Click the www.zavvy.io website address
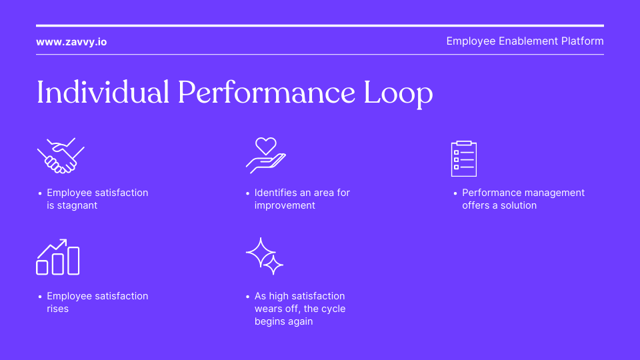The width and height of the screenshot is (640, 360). click(x=71, y=41)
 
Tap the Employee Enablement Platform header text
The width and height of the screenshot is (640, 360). click(x=525, y=41)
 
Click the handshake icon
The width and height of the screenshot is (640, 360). click(x=61, y=156)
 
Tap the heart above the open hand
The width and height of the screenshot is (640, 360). click(x=266, y=145)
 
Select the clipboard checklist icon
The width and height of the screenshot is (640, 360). click(x=464, y=159)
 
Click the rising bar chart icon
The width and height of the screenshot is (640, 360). click(x=58, y=257)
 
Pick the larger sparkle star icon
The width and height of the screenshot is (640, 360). click(x=261, y=252)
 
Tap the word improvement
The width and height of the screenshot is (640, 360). click(x=285, y=205)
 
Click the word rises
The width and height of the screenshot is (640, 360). click(x=57, y=309)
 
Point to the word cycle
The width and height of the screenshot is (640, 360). click(x=332, y=309)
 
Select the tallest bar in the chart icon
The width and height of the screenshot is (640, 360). click(x=73, y=261)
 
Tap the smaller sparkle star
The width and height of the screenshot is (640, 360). click(x=273, y=265)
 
